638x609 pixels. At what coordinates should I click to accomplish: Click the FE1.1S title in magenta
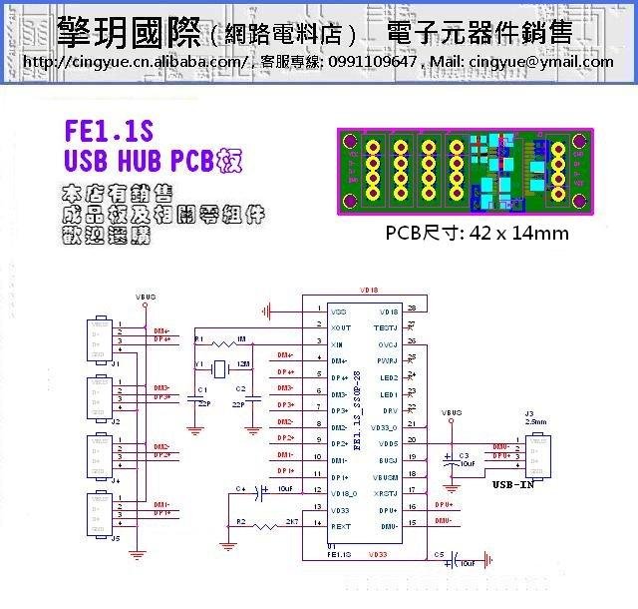(x=109, y=133)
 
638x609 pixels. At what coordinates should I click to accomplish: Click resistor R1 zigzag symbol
(x=223, y=343)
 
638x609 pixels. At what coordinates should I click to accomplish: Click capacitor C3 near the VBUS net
(x=452, y=458)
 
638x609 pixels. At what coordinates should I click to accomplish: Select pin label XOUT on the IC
(x=341, y=327)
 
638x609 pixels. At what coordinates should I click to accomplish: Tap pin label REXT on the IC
(x=341, y=525)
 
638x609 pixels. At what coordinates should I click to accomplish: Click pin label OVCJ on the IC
(x=388, y=343)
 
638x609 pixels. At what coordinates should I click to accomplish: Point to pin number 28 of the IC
(x=412, y=308)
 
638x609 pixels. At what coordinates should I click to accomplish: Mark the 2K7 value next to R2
(x=291, y=521)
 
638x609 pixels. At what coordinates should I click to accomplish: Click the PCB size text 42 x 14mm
(x=477, y=234)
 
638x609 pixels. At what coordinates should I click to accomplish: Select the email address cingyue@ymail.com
(x=542, y=62)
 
